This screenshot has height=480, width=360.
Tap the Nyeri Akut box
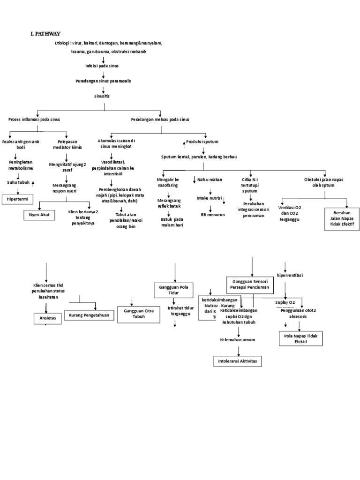[40, 215]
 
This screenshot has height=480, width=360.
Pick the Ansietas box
[47, 318]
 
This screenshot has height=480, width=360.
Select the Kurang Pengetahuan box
[89, 315]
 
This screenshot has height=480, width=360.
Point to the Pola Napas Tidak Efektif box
[300, 339]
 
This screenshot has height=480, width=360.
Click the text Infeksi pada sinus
[102, 66]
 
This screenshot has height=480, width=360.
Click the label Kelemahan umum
[238, 339]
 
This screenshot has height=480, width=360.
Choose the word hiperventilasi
[290, 275]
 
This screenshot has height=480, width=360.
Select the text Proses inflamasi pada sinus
[34, 120]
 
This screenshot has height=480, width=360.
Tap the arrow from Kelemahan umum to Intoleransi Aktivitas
[238, 350]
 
